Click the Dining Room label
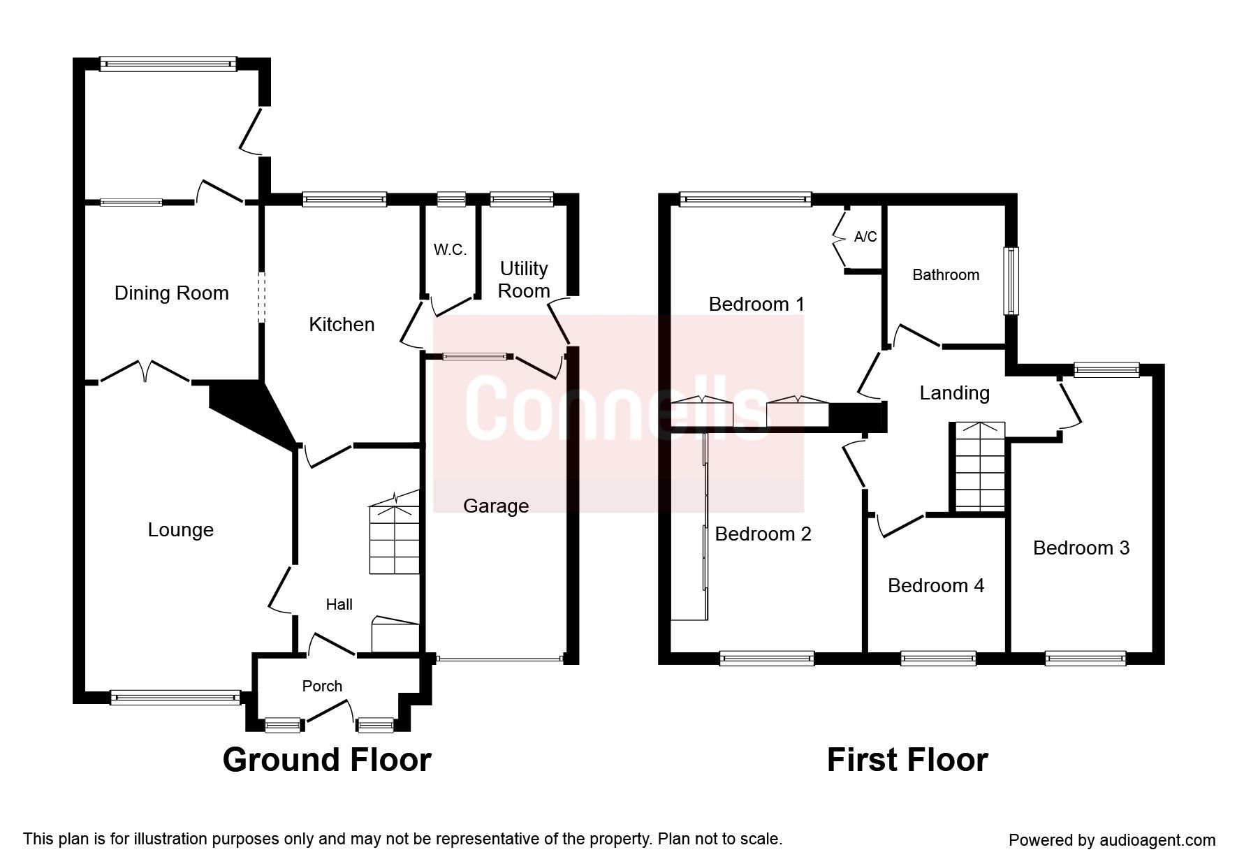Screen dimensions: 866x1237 click(171, 293)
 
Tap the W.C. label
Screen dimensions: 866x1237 click(449, 250)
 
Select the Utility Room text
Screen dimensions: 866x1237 click(524, 279)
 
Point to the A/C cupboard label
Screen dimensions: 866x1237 click(865, 237)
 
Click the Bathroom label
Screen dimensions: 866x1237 click(946, 275)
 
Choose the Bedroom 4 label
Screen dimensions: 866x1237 click(935, 585)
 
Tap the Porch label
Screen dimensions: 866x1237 click(322, 687)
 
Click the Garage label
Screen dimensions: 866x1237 click(496, 506)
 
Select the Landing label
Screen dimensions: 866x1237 click(954, 393)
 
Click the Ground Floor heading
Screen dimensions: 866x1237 click(327, 760)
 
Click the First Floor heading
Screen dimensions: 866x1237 click(907, 760)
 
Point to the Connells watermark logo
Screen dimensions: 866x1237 click(618, 412)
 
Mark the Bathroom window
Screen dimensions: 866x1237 click(1011, 280)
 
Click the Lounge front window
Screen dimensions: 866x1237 click(175, 697)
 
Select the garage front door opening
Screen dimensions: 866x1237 click(499, 659)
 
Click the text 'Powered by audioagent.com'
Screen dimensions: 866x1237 click(1111, 840)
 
